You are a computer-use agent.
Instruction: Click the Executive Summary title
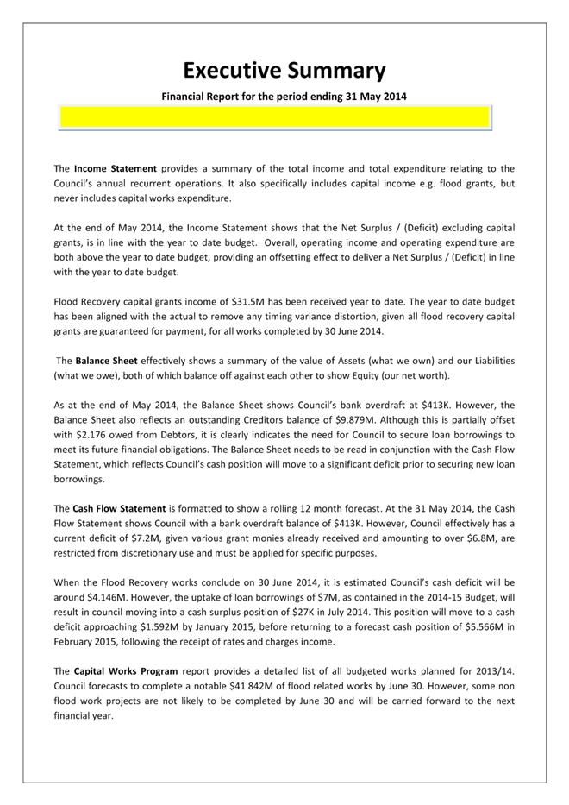(284, 70)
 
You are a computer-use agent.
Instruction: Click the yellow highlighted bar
(274, 117)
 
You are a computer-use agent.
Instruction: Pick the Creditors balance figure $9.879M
(353, 420)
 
